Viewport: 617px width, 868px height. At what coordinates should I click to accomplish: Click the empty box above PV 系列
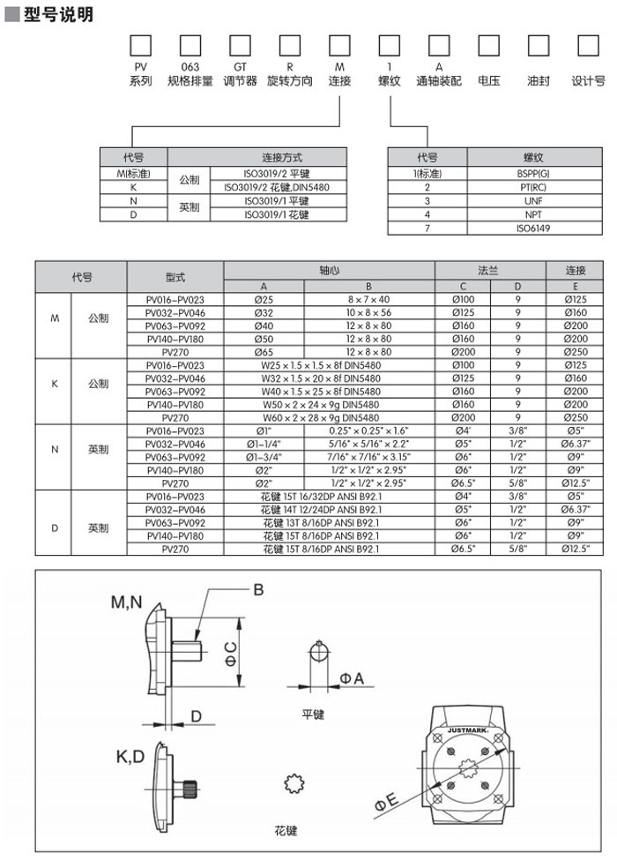140,45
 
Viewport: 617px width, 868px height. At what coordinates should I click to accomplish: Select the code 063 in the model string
190,67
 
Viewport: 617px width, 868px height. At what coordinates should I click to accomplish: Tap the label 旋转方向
289,81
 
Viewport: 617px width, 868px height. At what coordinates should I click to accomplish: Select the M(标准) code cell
134,173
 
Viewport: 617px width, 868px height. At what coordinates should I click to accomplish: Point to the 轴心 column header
328,271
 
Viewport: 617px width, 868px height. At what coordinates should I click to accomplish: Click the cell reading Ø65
263,351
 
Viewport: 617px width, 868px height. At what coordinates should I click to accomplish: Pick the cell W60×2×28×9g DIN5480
328,417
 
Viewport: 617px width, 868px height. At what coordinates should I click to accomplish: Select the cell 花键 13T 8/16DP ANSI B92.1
328,522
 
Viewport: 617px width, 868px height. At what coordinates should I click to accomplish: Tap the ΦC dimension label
230,653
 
